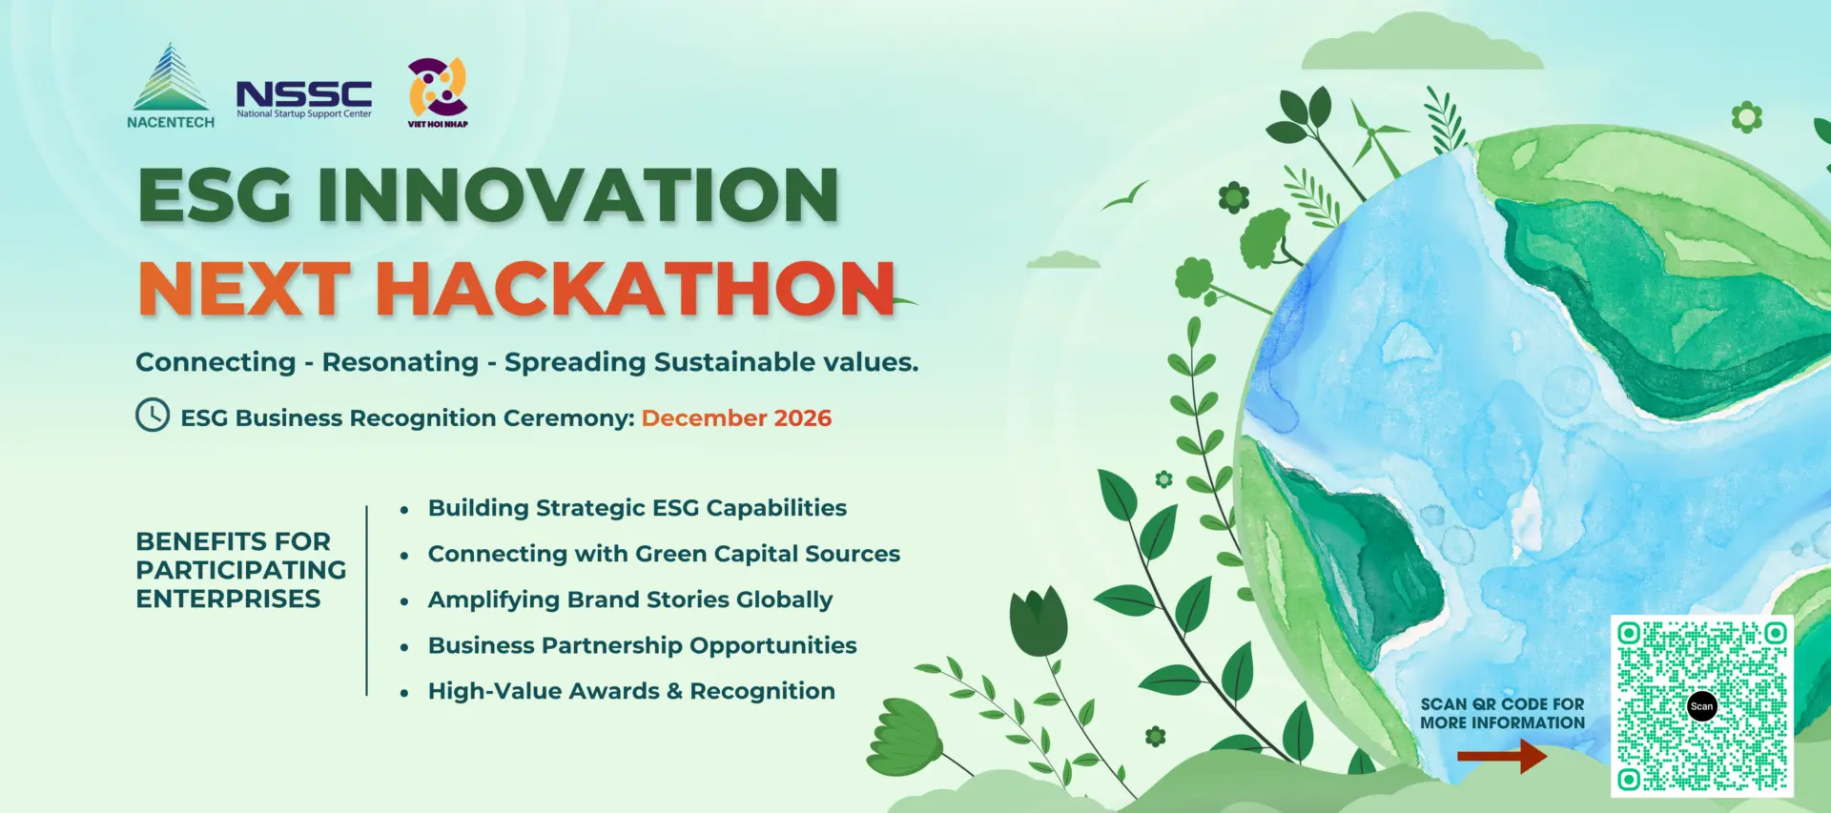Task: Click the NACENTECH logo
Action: click(x=171, y=86)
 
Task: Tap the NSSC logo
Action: click(x=304, y=99)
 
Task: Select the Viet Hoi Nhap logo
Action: click(x=438, y=92)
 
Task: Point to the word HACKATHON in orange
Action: click(x=636, y=289)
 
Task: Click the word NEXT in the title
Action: click(x=243, y=289)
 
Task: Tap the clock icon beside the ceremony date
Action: click(x=153, y=416)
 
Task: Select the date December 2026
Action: click(x=736, y=418)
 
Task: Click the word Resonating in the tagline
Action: click(x=400, y=362)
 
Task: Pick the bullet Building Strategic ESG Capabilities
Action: click(x=637, y=508)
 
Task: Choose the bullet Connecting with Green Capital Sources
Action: click(x=664, y=554)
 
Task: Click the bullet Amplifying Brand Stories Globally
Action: click(x=630, y=600)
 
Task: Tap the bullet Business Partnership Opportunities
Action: click(x=642, y=645)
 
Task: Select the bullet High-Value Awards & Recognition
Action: click(x=631, y=691)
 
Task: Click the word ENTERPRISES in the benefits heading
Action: click(x=228, y=599)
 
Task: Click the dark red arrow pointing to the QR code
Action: click(x=1502, y=757)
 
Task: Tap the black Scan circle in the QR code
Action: click(x=1702, y=706)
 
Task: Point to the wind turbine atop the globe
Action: click(x=1374, y=140)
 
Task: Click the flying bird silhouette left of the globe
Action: click(x=1125, y=195)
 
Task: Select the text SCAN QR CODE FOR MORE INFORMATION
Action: click(x=1502, y=714)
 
